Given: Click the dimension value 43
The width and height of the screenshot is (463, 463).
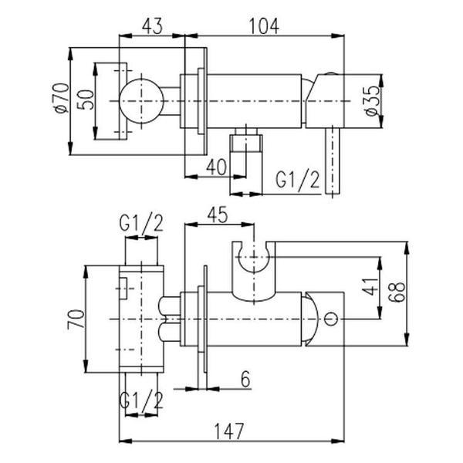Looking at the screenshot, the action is pyautogui.click(x=152, y=26).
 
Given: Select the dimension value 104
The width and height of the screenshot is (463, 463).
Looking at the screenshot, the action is pyautogui.click(x=264, y=26).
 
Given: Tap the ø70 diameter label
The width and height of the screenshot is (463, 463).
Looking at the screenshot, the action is pyautogui.click(x=61, y=98).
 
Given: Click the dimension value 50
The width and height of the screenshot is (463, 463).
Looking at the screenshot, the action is pyautogui.click(x=86, y=100).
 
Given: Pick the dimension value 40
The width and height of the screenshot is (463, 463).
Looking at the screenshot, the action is pyautogui.click(x=216, y=167).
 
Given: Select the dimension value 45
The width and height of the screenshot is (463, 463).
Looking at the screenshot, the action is pyautogui.click(x=218, y=215).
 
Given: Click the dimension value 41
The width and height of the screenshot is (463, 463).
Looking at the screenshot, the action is pyautogui.click(x=370, y=286).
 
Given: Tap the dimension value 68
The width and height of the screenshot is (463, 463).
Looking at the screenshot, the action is pyautogui.click(x=397, y=292).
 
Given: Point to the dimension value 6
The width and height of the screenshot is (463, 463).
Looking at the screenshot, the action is pyautogui.click(x=245, y=379).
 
